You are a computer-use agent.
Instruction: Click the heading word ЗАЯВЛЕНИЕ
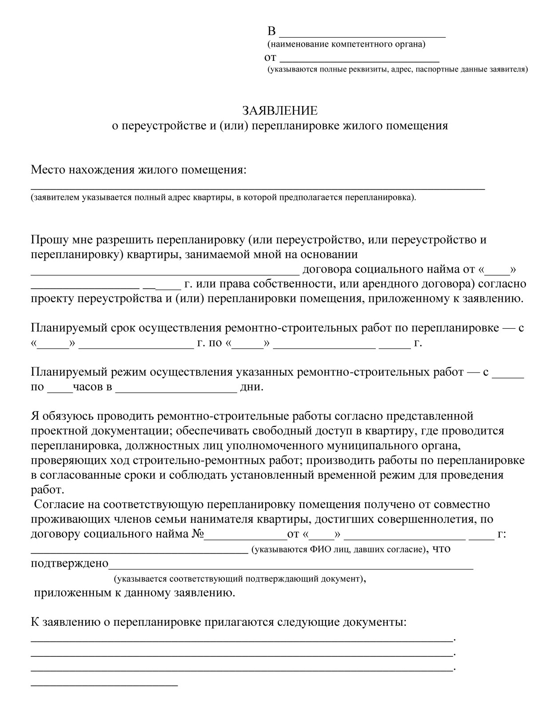coord(279,110)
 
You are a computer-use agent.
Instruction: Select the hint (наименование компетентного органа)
coord(346,44)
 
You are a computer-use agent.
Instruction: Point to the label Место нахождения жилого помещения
coord(138,170)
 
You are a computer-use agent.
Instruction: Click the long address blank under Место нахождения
coord(258,188)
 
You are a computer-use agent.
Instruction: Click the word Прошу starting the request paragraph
coord(47,240)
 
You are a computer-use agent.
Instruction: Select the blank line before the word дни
coord(176,391)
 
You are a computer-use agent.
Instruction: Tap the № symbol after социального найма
coord(197,534)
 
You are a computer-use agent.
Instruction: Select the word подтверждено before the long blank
coord(69,564)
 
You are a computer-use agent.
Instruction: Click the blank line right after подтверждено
coord(291,568)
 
